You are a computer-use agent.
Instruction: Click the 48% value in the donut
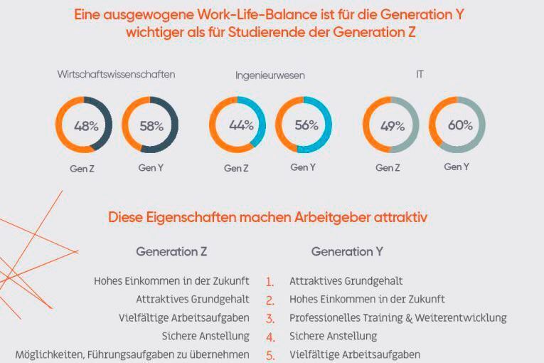(86, 126)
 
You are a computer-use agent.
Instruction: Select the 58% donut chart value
(151, 126)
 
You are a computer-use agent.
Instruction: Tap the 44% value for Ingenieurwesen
(241, 125)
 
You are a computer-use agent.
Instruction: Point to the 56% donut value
(306, 125)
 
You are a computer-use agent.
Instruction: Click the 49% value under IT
(393, 126)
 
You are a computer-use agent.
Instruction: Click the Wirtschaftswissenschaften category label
(117, 74)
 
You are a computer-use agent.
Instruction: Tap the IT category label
(420, 74)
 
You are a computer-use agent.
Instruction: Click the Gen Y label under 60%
(457, 167)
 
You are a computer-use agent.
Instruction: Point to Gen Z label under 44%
(236, 169)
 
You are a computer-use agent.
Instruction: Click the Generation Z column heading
(171, 252)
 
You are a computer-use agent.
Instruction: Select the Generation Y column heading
(347, 252)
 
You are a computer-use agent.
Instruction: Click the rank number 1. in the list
(270, 282)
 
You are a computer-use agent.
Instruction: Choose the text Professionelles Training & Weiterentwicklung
(398, 318)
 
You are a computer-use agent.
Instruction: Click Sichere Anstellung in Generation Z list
(206, 336)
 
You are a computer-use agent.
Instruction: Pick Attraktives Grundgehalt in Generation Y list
(346, 281)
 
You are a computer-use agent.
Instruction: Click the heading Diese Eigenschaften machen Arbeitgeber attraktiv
(268, 217)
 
